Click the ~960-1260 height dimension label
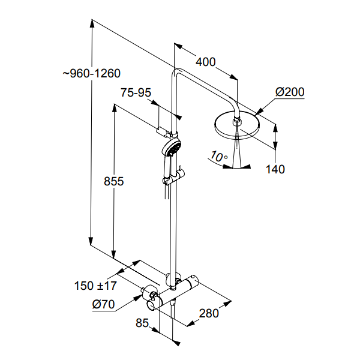(x=92, y=73)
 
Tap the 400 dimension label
(x=206, y=62)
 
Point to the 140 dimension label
(x=275, y=169)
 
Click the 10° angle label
(x=219, y=157)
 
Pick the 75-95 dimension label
(x=136, y=92)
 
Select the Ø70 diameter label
(x=103, y=304)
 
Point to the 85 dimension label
(x=142, y=323)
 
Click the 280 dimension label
(x=210, y=313)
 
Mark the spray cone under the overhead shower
(x=239, y=150)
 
